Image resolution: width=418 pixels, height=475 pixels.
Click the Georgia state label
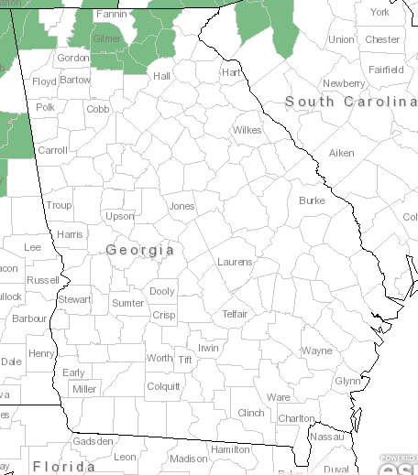tap(139, 249)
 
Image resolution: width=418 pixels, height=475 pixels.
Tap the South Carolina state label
tap(350, 101)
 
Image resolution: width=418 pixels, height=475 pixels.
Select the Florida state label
tap(64, 467)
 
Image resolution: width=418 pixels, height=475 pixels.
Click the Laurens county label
tap(235, 262)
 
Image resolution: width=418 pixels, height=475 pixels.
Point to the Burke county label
tap(312, 200)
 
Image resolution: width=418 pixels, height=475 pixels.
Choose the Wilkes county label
tap(247, 130)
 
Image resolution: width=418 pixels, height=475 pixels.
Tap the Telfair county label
tap(235, 314)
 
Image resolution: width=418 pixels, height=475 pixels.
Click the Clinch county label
tap(251, 413)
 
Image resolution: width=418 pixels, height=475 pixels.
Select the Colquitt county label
tap(163, 386)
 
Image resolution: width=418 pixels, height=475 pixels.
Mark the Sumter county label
tap(127, 303)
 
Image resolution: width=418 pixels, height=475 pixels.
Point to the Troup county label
tap(59, 206)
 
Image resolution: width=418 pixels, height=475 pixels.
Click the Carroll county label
tap(52, 150)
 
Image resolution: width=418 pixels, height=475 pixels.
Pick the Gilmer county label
tap(108, 39)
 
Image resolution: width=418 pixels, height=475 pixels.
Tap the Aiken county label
tap(341, 153)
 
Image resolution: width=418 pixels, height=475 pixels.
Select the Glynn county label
tap(347, 381)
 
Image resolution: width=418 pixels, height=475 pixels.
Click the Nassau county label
tap(327, 437)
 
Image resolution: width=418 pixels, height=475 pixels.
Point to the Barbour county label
tap(29, 318)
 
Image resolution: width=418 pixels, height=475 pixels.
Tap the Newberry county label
tap(344, 83)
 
